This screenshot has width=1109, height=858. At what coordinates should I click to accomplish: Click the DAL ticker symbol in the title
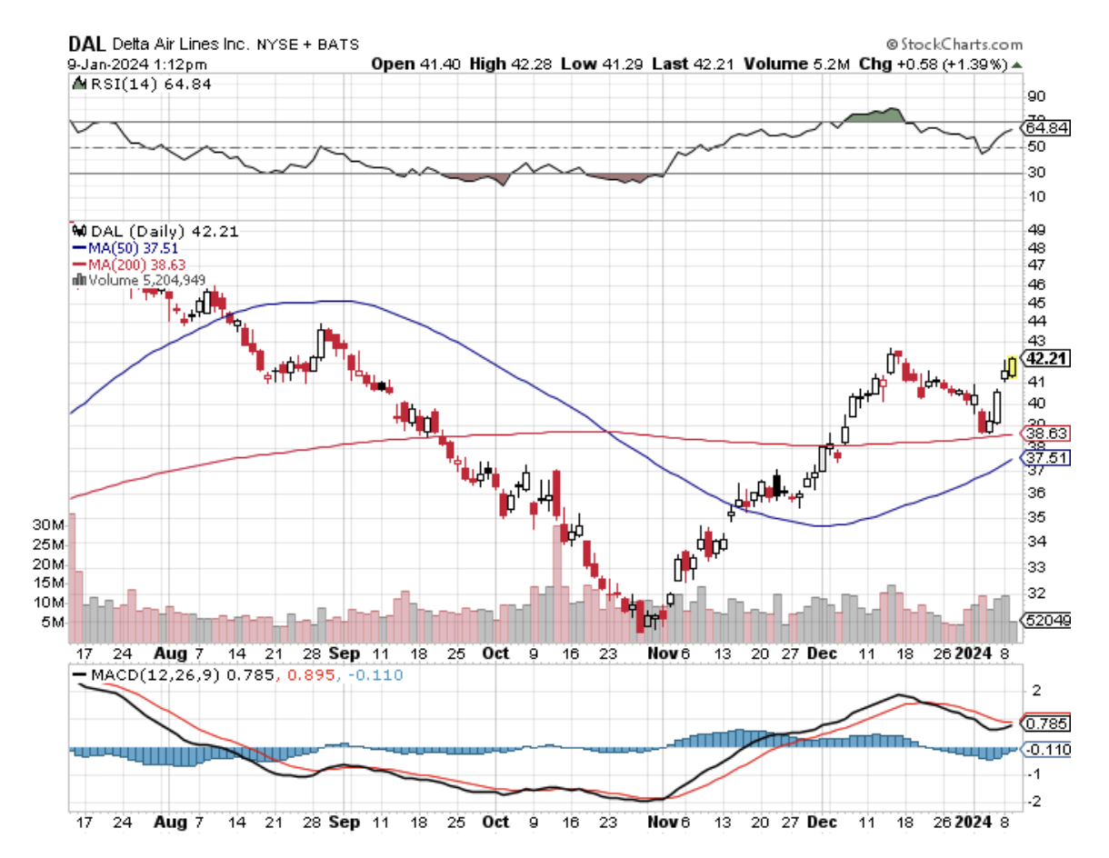(87, 44)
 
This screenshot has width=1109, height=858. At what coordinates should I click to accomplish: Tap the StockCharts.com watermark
(954, 45)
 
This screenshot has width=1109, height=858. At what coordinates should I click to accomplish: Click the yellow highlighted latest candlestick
(1011, 367)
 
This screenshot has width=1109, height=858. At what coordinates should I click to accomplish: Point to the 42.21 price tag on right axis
(1046, 358)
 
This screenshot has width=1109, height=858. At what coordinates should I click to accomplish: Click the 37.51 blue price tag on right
(1046, 458)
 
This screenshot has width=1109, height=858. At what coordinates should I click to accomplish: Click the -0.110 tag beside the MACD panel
(1046, 750)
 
